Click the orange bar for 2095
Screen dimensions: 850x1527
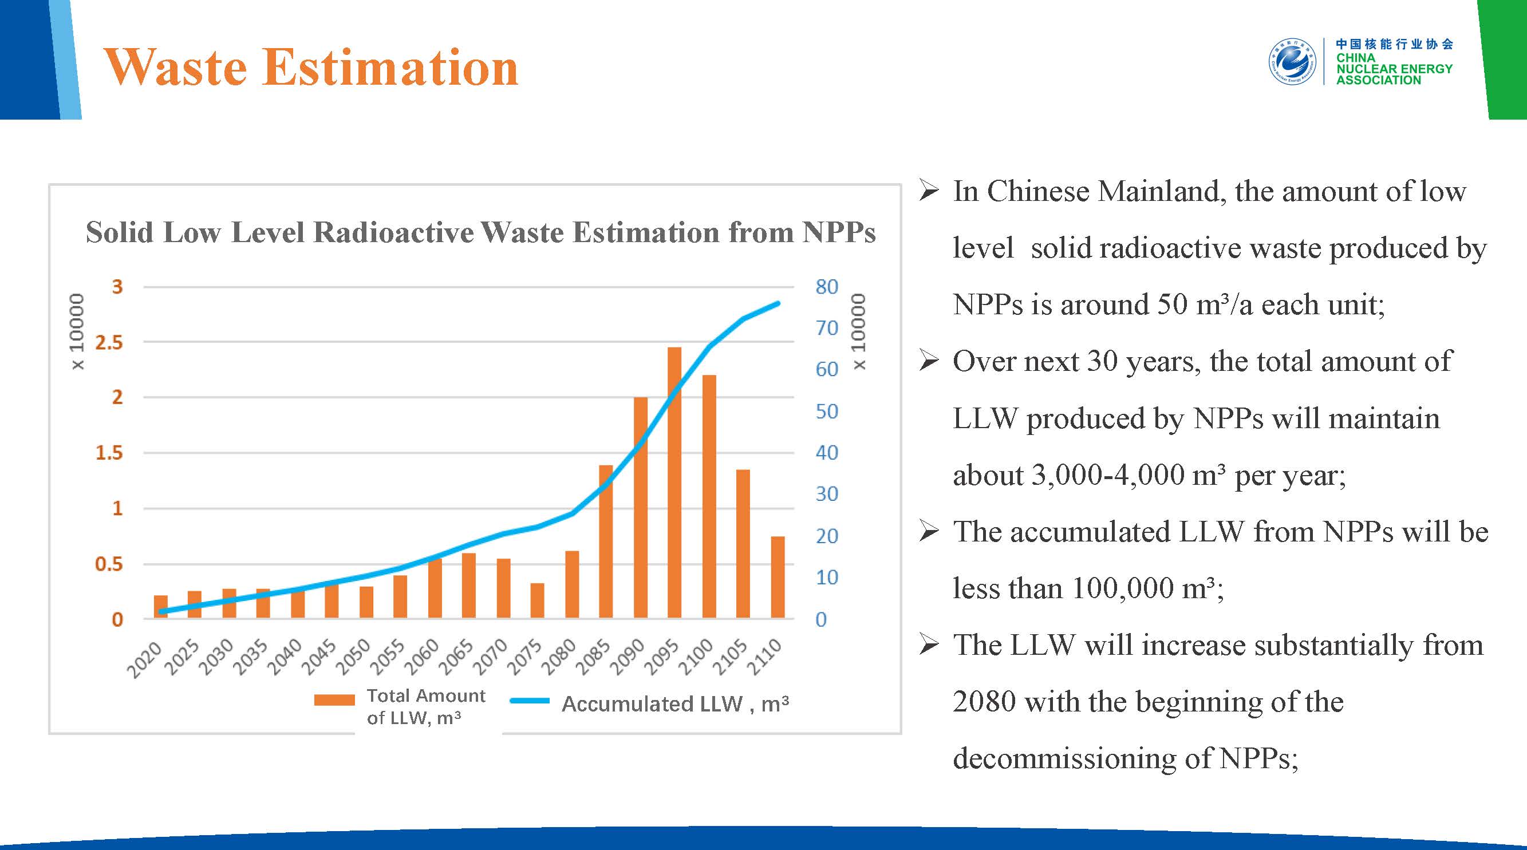click(674, 483)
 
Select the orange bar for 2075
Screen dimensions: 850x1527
click(537, 600)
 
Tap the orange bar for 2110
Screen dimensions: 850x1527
click(777, 578)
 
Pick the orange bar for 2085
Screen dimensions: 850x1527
click(606, 542)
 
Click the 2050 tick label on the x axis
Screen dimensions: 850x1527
click(353, 657)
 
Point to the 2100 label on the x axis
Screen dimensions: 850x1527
click(695, 657)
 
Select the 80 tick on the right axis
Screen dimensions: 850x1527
click(826, 287)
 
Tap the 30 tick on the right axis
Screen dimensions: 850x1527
click(826, 494)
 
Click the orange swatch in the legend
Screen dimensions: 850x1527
click(334, 700)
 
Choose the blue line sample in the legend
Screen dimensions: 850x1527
click(530, 701)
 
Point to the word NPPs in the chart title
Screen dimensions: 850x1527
click(838, 232)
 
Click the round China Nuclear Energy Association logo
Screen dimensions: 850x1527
click(1292, 62)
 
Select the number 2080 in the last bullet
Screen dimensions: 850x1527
click(984, 702)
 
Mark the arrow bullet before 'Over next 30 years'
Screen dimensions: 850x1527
click(928, 361)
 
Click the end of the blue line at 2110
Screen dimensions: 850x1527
click(778, 303)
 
